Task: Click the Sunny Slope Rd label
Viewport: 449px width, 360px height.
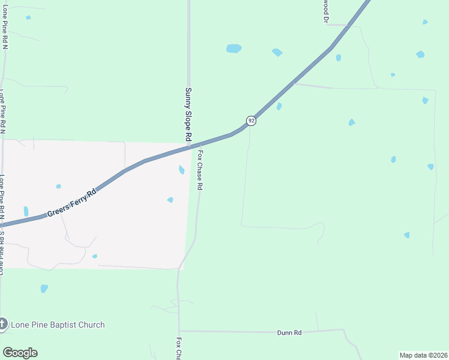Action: [x=188, y=115]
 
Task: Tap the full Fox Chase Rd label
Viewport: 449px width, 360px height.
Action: [x=199, y=170]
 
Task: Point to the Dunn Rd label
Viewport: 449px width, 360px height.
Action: [x=289, y=332]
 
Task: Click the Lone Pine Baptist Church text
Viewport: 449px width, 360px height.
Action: [x=58, y=325]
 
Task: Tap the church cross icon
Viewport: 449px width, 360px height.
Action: [x=2, y=325]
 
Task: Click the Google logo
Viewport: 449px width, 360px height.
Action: [x=20, y=353]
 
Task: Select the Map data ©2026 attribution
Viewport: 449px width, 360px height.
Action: [x=424, y=355]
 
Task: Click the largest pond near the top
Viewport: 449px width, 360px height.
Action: [x=234, y=48]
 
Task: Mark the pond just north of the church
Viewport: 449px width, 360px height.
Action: [x=44, y=289]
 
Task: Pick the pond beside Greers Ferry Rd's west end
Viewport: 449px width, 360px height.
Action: [x=26, y=211]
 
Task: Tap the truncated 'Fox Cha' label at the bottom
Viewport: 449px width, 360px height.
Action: [x=178, y=348]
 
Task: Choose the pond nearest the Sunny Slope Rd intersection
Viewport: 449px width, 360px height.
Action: [x=181, y=170]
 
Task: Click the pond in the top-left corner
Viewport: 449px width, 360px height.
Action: [x=28, y=17]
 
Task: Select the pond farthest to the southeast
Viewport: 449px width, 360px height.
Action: [x=407, y=235]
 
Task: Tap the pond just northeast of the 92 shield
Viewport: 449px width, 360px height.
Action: [x=279, y=106]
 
